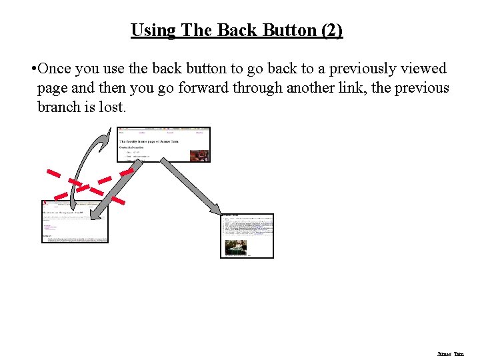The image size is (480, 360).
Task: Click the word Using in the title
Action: click(x=153, y=31)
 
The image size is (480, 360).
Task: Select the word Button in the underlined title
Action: click(x=287, y=31)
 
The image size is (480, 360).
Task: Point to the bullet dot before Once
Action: click(x=33, y=69)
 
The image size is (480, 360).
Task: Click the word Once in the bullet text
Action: click(x=55, y=69)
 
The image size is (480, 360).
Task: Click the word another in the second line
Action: click(x=311, y=88)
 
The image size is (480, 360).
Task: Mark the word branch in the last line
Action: click(x=59, y=107)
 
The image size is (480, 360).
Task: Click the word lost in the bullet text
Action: click(x=112, y=107)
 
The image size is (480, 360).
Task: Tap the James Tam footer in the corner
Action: click(x=450, y=354)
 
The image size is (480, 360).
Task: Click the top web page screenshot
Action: click(x=163, y=145)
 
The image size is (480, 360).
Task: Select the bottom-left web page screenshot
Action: click(x=75, y=221)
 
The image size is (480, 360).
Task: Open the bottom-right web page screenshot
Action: click(x=247, y=235)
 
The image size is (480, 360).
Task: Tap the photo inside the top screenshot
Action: click(x=199, y=155)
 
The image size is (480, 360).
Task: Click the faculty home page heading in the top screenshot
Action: click(x=150, y=141)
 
